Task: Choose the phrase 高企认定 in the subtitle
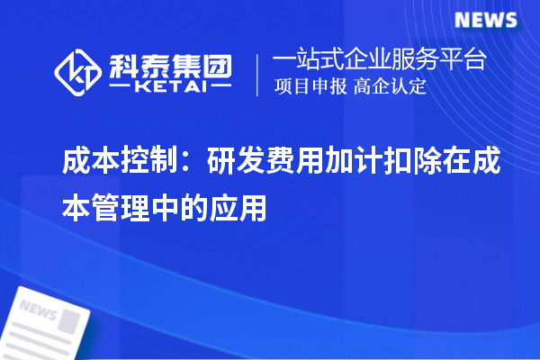391,88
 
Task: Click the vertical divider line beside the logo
259,75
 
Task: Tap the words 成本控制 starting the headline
107,163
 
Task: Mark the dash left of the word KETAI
121,88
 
